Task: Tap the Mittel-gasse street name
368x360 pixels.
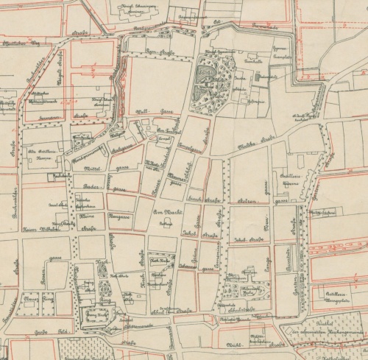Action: click(x=87, y=167)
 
